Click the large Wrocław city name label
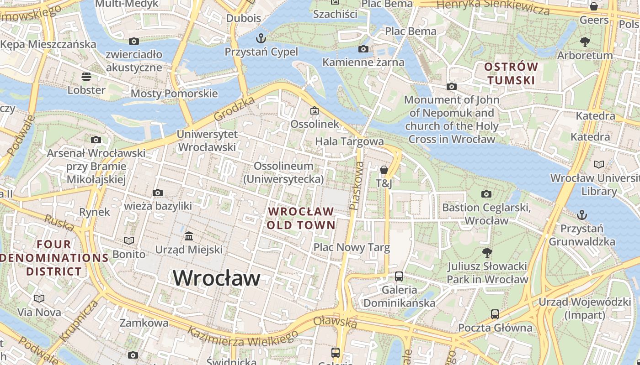(x=217, y=278)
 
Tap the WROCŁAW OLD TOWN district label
(x=301, y=218)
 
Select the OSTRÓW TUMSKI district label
(x=511, y=73)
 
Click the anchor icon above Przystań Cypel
(x=261, y=37)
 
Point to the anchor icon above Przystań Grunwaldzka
(x=582, y=214)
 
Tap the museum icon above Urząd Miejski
(x=189, y=236)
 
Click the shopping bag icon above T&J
(x=384, y=170)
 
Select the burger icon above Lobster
(x=86, y=76)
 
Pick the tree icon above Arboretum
(x=585, y=42)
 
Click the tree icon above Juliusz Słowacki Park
(x=487, y=252)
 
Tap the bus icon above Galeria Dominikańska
(x=399, y=276)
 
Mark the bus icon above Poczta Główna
(x=495, y=314)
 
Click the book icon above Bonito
(x=129, y=240)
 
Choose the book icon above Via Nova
(x=39, y=298)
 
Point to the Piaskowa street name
(x=356, y=186)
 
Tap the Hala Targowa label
(x=349, y=141)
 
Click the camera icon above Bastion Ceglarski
(x=486, y=194)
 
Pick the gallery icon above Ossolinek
(x=315, y=110)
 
